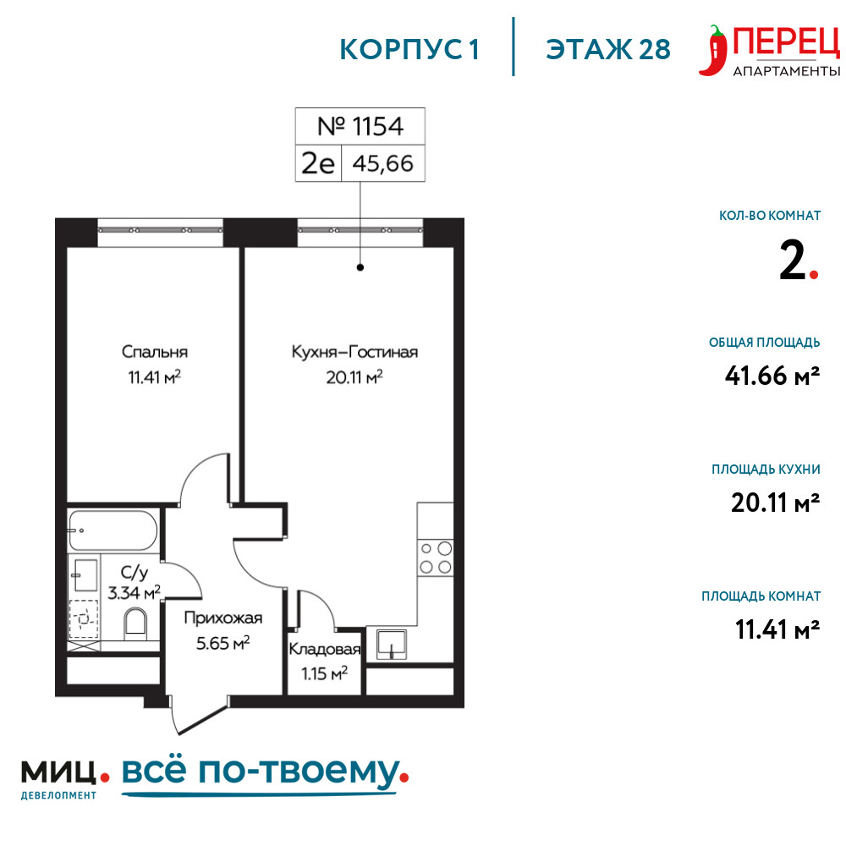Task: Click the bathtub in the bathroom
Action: coord(113,530)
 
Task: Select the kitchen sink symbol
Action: coord(392,644)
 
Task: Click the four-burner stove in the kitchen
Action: coord(436,558)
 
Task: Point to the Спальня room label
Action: coord(155,352)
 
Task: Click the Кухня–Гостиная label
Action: coord(354,352)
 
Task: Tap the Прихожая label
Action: coord(222,618)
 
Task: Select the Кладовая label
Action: coord(324,649)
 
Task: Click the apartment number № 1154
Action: coord(360,126)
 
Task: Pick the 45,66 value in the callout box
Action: coord(383,163)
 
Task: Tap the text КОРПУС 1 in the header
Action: coord(409,50)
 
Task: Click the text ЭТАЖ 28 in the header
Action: coord(608,50)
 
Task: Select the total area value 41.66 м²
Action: coord(772,376)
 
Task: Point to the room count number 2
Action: coord(793,261)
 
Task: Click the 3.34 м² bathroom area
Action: coord(134,592)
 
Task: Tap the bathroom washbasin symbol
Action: coord(85,575)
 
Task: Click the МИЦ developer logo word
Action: coord(58,772)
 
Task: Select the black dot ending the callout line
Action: coord(360,267)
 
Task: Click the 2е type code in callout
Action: coord(318,163)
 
